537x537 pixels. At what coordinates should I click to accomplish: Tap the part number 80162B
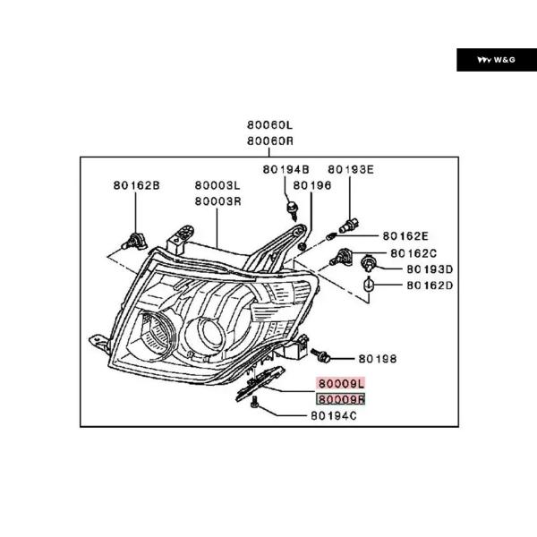136,186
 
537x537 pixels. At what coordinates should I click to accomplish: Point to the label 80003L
218,186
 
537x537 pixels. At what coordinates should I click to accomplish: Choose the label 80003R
218,200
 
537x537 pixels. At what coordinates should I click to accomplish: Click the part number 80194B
286,169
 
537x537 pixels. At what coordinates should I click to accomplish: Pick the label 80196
312,185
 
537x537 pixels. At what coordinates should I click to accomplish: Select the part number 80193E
350,169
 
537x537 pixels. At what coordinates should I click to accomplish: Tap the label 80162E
405,236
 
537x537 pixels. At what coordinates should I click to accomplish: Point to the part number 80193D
430,268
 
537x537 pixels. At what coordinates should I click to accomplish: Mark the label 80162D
430,286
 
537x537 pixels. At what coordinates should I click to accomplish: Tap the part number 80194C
334,416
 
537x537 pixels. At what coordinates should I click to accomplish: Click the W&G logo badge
491,60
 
